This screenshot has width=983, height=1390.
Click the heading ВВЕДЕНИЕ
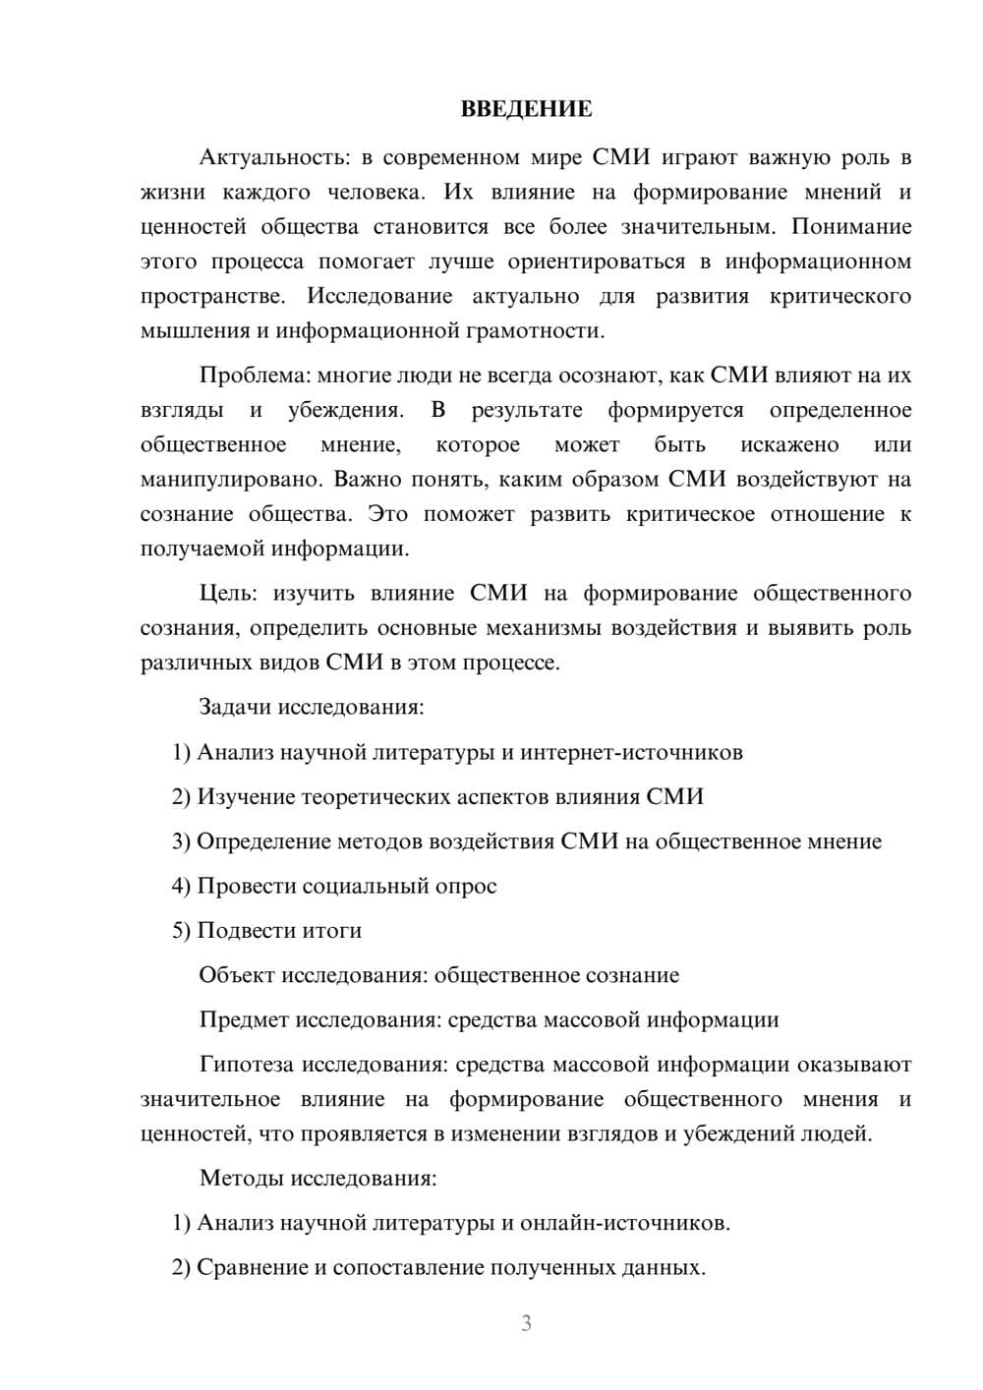[x=526, y=109]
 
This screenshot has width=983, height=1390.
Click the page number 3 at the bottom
[x=526, y=1323]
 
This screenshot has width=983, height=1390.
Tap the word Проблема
[x=242, y=375]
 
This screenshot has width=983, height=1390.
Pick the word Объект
[x=237, y=975]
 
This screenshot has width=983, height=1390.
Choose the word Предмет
[x=244, y=1019]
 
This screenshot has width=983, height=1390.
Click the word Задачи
[x=236, y=707]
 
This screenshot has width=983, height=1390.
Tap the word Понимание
[x=851, y=227]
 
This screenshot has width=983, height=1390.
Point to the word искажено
[x=789, y=444]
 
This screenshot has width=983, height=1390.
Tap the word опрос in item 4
[x=467, y=886]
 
